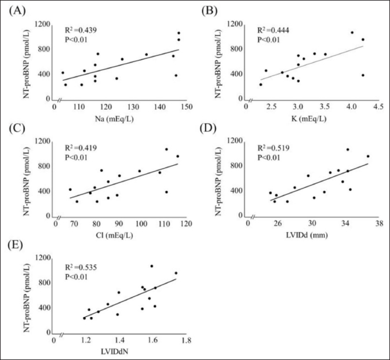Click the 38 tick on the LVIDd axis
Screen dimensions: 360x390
(378, 224)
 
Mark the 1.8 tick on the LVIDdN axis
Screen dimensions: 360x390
(186, 340)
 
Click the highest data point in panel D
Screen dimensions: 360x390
(348, 150)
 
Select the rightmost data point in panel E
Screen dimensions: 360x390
(176, 273)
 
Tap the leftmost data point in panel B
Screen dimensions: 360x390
(260, 85)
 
